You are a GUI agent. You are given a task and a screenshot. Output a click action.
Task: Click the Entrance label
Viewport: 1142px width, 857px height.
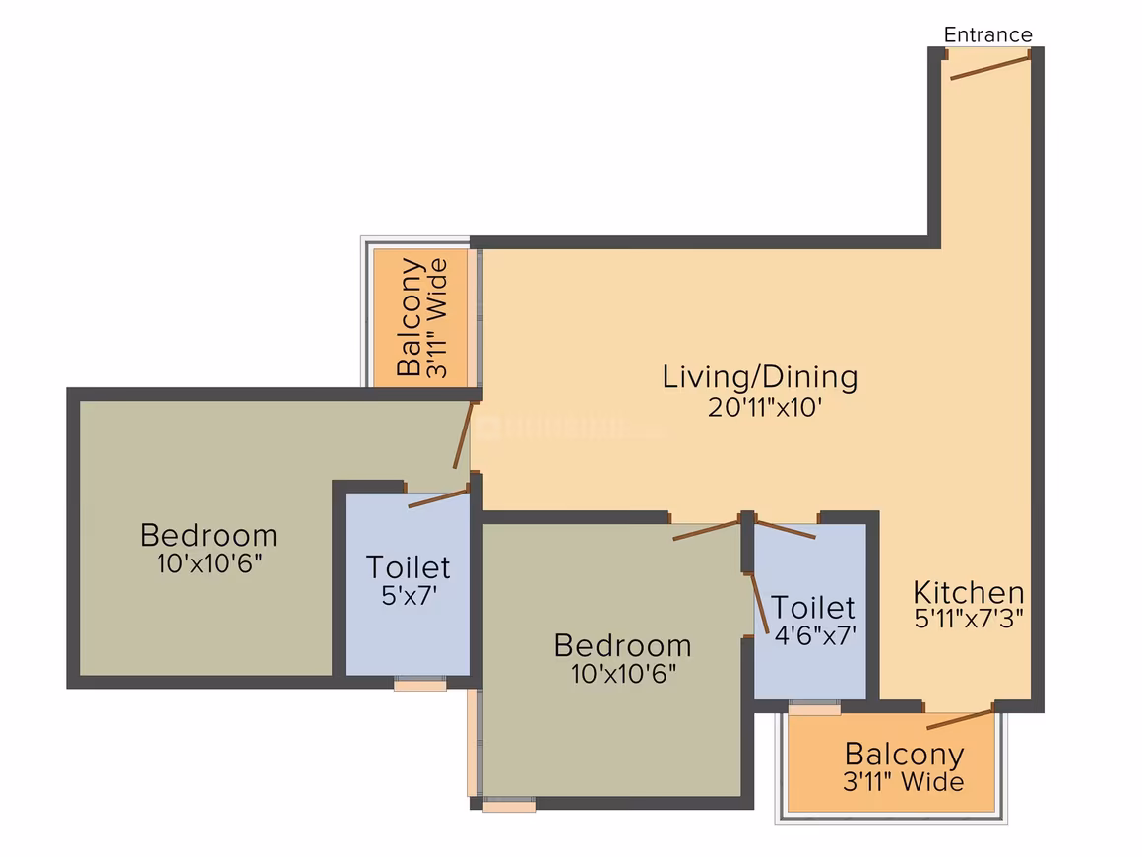tap(987, 34)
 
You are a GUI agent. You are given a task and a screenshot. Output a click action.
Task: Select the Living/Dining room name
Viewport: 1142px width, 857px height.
tap(760, 376)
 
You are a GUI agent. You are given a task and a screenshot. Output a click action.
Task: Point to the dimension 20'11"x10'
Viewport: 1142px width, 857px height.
tap(765, 407)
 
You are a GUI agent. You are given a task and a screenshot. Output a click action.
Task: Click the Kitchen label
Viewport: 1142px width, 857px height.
tap(968, 592)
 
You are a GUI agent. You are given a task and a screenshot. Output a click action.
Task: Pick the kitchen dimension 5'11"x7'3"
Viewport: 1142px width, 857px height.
tap(969, 618)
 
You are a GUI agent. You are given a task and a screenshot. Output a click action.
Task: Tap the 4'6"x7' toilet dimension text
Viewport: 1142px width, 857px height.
tap(815, 635)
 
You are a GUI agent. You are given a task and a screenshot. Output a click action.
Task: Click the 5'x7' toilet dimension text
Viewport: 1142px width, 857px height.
tap(410, 595)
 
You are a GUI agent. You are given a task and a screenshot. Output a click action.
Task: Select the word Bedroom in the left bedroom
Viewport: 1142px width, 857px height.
tap(209, 535)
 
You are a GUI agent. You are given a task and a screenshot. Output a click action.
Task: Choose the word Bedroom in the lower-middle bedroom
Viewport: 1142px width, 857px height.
tap(623, 645)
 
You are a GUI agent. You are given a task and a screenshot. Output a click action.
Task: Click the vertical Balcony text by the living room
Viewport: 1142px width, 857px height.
tap(411, 317)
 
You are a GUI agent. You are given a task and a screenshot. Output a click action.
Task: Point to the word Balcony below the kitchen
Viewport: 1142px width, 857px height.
tap(904, 754)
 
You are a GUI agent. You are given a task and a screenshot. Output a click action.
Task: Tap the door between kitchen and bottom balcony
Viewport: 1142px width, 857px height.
tap(960, 717)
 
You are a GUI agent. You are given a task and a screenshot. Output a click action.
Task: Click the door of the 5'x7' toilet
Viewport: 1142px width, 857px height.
tap(438, 497)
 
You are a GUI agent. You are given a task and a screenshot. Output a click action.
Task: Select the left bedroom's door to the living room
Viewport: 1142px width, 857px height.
tap(464, 434)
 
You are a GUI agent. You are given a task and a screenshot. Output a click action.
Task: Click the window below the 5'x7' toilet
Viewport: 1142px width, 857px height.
tap(420, 684)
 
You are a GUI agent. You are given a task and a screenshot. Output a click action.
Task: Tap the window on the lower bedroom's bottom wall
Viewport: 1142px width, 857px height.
tap(509, 804)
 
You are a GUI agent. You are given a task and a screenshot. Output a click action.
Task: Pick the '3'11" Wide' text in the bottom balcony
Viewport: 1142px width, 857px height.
tap(904, 782)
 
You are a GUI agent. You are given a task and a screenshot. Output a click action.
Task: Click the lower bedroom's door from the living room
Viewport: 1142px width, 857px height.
tap(707, 529)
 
